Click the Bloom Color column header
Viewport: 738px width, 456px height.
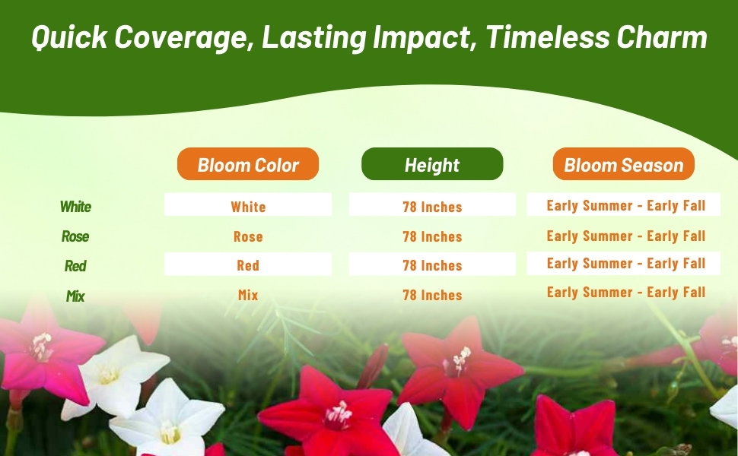pos(248,163)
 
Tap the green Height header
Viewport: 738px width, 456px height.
pos(432,163)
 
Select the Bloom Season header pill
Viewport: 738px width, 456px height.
pos(624,163)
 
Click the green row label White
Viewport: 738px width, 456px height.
pos(75,207)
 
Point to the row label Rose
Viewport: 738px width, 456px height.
pos(75,236)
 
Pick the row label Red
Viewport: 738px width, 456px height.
pos(75,265)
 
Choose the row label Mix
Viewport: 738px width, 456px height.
pos(75,296)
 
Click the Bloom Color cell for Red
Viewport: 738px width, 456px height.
pos(248,265)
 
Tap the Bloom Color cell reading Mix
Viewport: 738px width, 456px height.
pos(248,295)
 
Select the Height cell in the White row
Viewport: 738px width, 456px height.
pos(432,207)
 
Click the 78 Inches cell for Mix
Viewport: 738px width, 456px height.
pos(432,295)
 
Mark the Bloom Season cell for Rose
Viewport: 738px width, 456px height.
pos(626,236)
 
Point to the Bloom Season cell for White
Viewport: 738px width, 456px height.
pos(626,205)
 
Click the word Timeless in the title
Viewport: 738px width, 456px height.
pos(547,36)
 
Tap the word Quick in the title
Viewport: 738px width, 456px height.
pos(69,36)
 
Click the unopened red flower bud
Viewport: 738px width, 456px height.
pos(374,366)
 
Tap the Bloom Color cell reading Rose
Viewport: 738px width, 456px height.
pos(248,236)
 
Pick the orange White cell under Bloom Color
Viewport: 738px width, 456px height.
pos(248,207)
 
